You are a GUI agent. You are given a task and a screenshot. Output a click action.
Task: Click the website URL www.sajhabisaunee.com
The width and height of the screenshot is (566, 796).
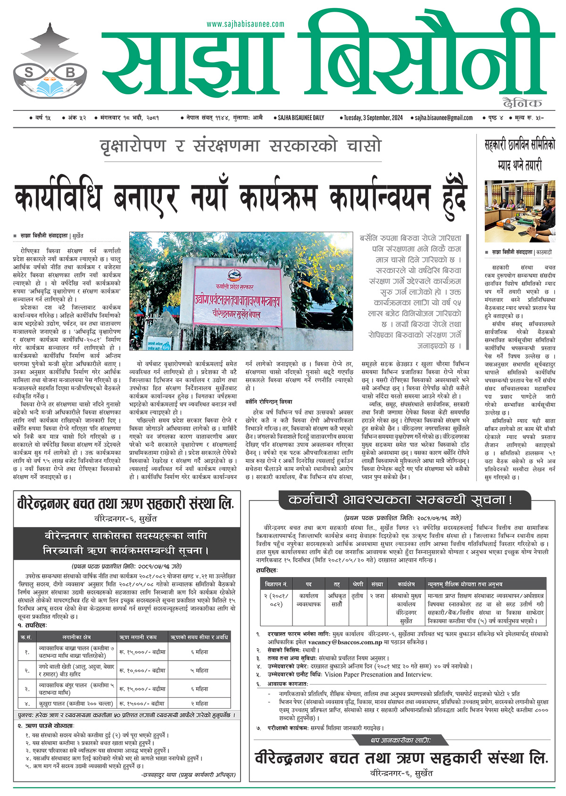point(245,24)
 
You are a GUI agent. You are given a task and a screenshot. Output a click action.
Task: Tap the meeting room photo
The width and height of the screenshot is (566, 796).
point(520,211)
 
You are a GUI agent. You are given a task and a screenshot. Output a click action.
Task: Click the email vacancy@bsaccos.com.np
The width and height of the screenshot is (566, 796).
point(345,642)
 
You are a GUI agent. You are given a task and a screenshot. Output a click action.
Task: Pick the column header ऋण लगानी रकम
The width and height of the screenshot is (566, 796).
point(138,637)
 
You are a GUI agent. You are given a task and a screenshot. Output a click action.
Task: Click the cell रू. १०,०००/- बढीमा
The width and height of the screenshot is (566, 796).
point(142,670)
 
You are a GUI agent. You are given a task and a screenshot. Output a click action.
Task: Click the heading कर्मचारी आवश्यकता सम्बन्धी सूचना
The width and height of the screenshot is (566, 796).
point(400,500)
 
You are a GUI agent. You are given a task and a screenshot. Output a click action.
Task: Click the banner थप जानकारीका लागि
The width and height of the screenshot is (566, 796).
point(400,740)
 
